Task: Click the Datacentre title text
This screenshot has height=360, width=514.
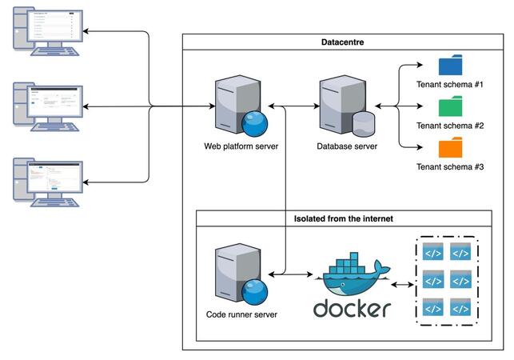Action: [344, 42]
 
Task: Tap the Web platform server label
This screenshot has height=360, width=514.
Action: [241, 146]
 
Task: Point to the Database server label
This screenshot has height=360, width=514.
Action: [347, 146]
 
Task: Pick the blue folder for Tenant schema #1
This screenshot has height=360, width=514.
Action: [451, 66]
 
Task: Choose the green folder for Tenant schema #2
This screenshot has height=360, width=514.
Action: [451, 107]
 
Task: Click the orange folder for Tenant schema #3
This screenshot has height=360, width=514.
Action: [451, 148]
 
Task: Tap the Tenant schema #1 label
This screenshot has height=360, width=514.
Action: [450, 84]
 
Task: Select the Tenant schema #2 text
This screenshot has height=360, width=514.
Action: [450, 126]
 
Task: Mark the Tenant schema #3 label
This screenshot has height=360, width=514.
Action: [450, 167]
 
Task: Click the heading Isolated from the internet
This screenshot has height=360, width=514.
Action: [343, 218]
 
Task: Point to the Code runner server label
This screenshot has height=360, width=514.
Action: [241, 314]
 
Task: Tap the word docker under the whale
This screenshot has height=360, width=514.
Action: [352, 308]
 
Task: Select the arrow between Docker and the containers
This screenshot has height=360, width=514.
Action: [404, 283]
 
